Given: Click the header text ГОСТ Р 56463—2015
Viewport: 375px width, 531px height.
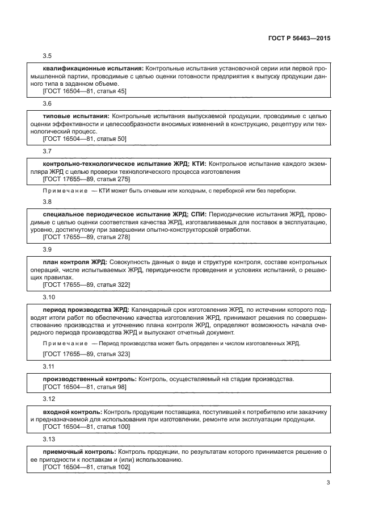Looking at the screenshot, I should pyautogui.click(x=298, y=39).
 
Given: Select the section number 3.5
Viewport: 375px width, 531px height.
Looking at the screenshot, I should pyautogui.click(x=48, y=56).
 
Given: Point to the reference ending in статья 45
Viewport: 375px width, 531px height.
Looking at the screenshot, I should pyautogui.click(x=85, y=91).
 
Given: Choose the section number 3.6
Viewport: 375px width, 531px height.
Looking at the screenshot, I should pyautogui.click(x=48, y=104).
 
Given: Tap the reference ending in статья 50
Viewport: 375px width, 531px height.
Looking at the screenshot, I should pyautogui.click(x=85, y=139).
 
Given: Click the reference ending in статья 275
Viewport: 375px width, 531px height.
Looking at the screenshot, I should pyautogui.click(x=87, y=179).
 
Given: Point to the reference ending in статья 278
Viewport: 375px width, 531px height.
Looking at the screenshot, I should pyautogui.click(x=87, y=236).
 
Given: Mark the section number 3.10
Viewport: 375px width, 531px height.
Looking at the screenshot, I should pyautogui.click(x=49, y=297).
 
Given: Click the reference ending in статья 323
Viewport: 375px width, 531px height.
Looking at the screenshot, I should pyautogui.click(x=87, y=354).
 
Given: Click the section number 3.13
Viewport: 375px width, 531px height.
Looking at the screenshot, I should pyautogui.click(x=49, y=438).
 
